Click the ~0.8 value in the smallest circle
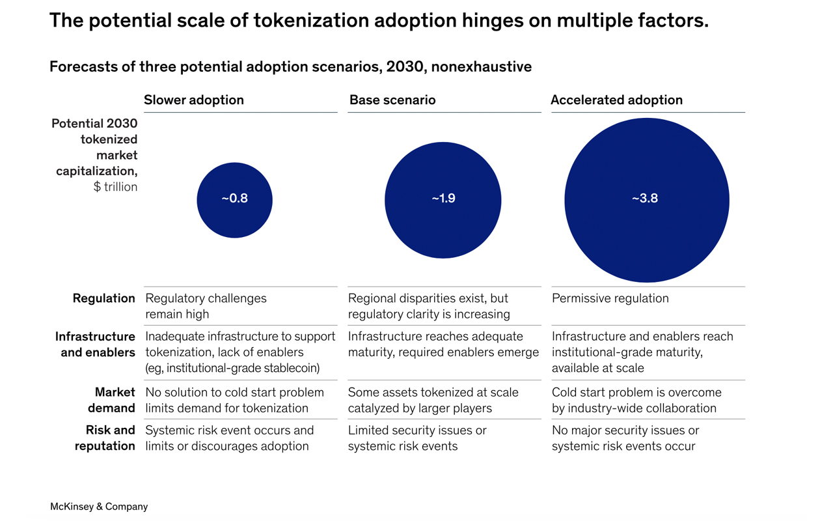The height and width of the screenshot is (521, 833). tap(234, 199)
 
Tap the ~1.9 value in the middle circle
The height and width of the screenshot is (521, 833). tap(443, 199)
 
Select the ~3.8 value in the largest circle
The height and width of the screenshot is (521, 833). tap(645, 199)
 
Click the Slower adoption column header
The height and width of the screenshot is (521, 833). tap(193, 100)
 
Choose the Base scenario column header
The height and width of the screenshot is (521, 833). tap(392, 100)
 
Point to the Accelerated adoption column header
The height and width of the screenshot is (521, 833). tap(616, 100)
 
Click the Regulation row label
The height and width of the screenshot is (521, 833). tap(104, 298)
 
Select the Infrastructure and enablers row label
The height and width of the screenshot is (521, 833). tap(96, 345)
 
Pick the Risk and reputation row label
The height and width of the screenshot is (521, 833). tap(105, 438)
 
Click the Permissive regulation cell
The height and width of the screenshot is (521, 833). tap(610, 298)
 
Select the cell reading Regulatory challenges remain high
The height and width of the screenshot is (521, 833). tap(206, 306)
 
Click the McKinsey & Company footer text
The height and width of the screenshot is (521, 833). tap(99, 507)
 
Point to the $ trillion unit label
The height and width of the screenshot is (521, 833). tap(115, 187)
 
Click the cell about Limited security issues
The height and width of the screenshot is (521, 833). tap(416, 438)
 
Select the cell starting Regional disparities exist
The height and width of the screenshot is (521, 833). tap(429, 306)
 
